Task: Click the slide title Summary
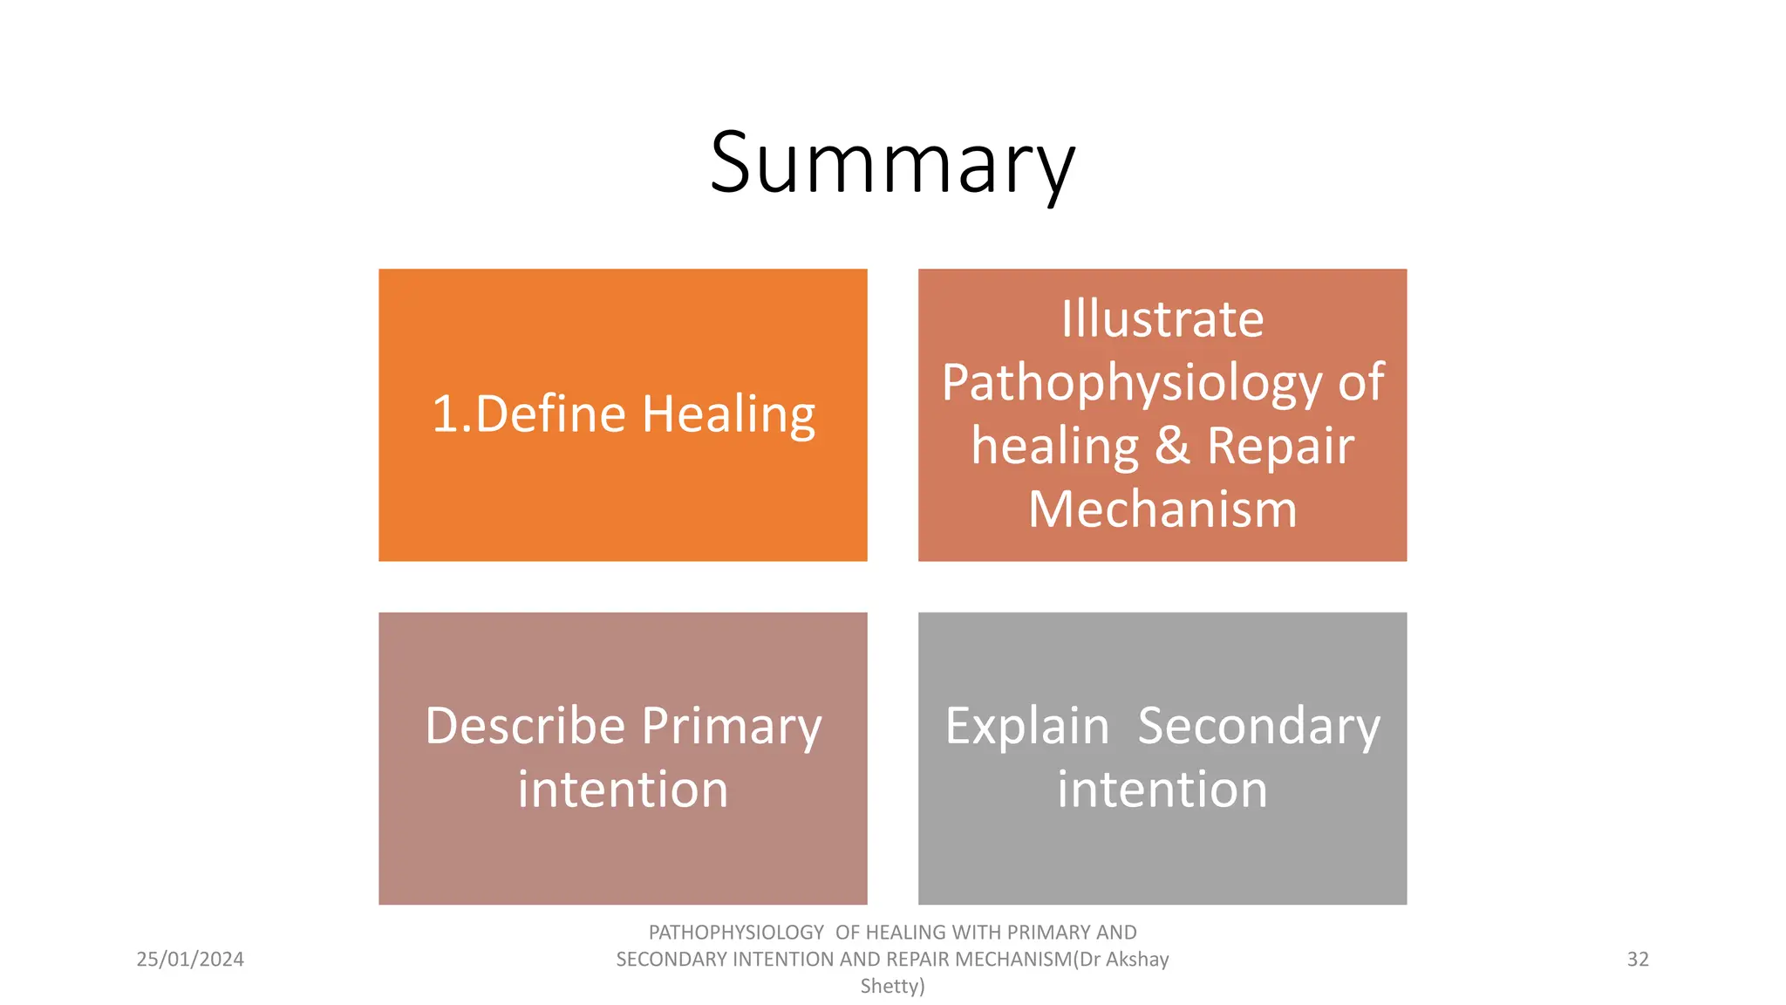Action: pos(892,163)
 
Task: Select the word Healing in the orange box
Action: pos(728,415)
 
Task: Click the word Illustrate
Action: pos(1162,318)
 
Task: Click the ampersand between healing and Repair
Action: pos(1172,446)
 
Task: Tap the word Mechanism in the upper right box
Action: pos(1162,509)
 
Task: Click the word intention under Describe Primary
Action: pos(623,790)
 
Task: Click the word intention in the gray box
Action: pos(1162,790)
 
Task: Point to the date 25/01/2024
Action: pos(190,960)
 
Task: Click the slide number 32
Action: pos(1638,960)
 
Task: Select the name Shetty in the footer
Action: pos(892,987)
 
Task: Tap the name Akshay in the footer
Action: pos(1137,960)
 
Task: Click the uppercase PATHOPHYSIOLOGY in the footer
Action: pos(736,933)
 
